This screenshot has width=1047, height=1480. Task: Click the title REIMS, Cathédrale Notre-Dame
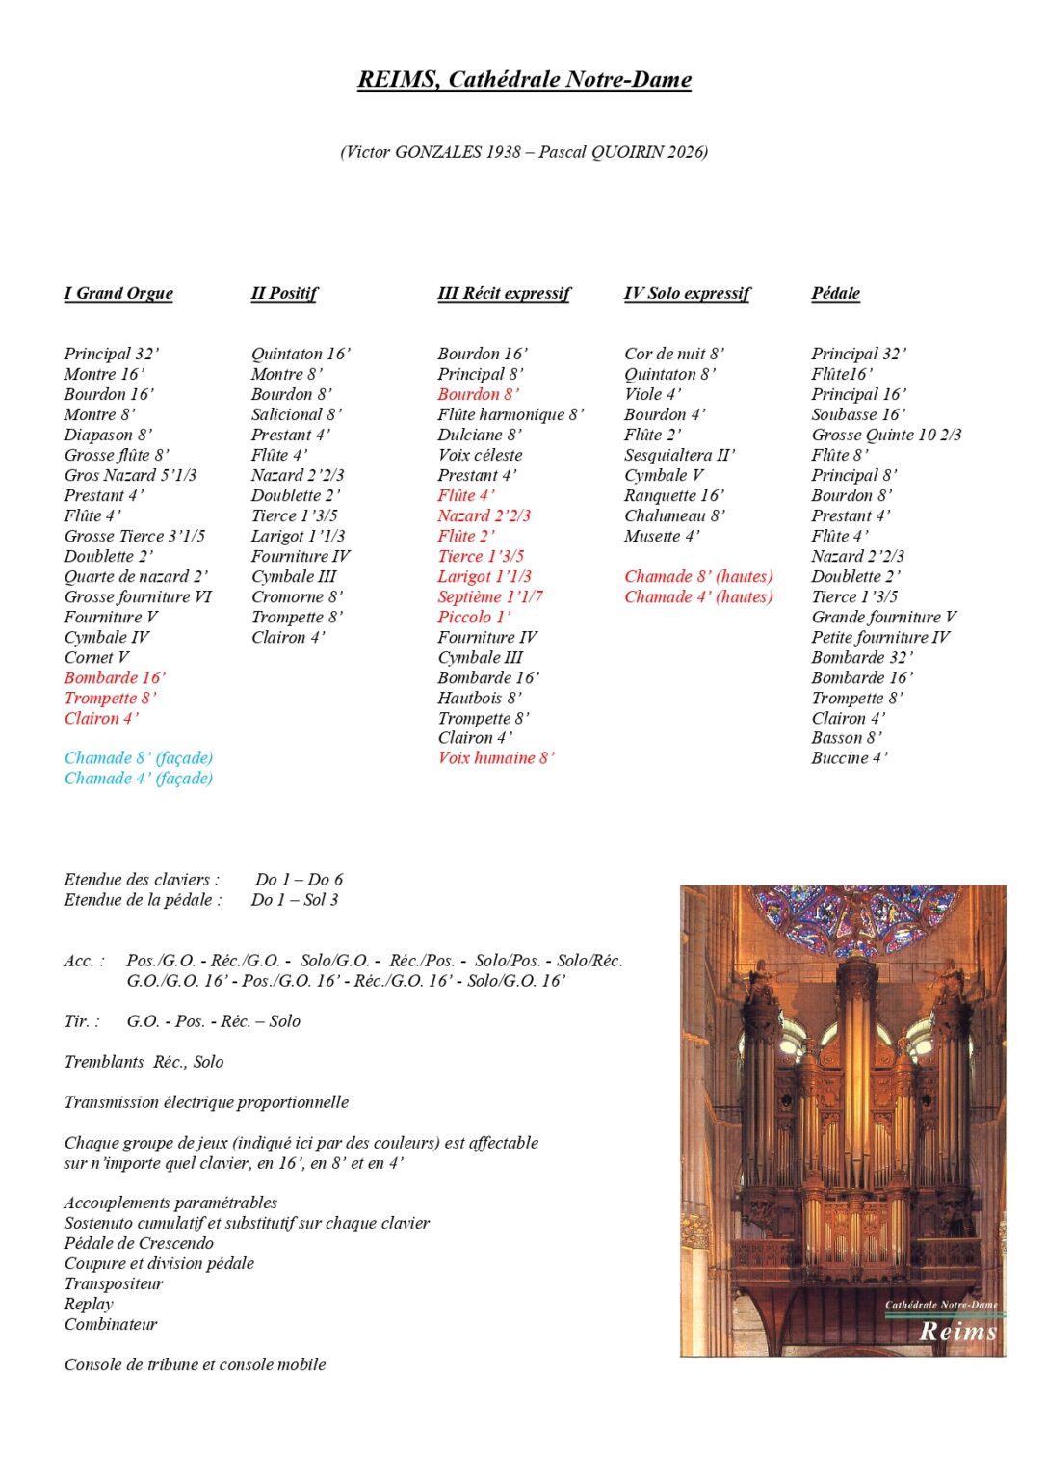[524, 80]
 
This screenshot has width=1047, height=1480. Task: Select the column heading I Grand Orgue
[118, 294]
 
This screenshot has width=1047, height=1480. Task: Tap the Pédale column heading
[835, 294]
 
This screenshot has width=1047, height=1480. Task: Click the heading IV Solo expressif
[687, 294]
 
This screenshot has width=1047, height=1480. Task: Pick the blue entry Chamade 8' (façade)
[139, 758]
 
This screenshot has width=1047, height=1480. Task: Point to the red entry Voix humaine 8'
[496, 758]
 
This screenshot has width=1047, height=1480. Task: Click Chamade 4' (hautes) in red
[698, 597]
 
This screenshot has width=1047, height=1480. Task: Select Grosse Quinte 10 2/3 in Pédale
[886, 435]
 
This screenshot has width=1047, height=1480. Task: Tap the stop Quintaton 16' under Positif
[301, 354]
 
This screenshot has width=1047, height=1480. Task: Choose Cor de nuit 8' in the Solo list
[674, 354]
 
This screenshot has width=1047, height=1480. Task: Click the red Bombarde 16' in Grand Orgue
[115, 677]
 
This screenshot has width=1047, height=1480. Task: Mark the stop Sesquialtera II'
[679, 455]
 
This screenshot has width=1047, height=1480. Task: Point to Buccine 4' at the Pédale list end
[850, 758]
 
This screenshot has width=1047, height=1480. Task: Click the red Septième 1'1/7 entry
[490, 597]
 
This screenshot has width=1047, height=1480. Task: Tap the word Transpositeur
[114, 1283]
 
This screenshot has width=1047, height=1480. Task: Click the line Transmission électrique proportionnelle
[206, 1102]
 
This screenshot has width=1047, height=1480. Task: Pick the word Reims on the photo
[957, 1332]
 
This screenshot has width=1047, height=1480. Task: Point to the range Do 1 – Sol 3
[295, 900]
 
